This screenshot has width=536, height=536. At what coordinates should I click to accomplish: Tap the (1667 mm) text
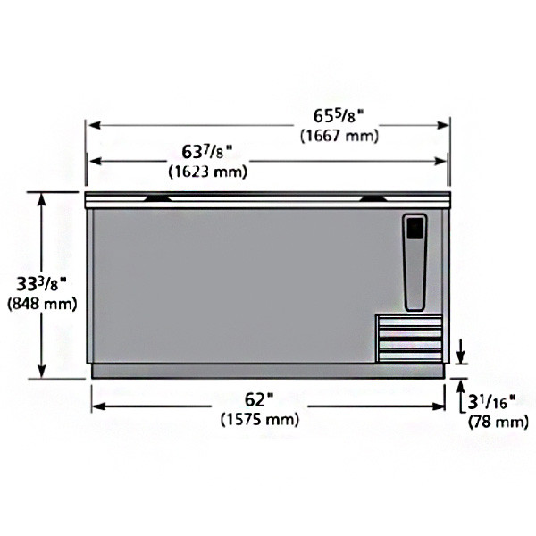(x=339, y=136)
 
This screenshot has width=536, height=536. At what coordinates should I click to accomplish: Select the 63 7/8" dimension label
(x=206, y=151)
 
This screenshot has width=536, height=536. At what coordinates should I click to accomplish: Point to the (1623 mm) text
(x=208, y=170)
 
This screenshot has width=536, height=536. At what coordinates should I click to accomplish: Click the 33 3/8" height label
(x=42, y=285)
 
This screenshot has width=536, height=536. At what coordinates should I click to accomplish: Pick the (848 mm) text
(x=41, y=305)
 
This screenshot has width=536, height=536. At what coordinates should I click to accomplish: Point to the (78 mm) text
(x=494, y=422)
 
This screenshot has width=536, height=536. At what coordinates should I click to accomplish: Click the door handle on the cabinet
(x=416, y=261)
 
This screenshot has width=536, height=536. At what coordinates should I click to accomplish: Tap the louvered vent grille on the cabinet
(x=409, y=339)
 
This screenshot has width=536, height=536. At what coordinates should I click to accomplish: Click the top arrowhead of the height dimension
(x=42, y=198)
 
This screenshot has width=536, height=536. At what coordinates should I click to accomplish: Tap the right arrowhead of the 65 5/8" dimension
(x=444, y=125)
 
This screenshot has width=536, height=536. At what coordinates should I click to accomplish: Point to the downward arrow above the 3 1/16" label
(x=461, y=355)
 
